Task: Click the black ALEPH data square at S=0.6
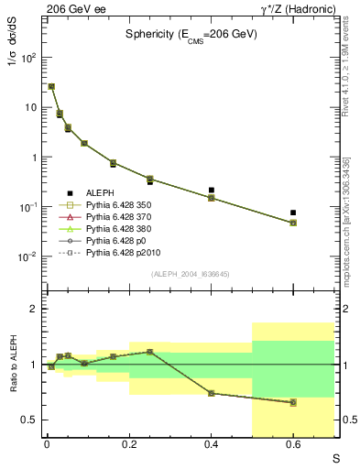point(293,213)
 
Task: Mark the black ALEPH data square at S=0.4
point(212,191)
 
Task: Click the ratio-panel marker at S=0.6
point(293,402)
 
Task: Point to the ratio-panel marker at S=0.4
point(212,393)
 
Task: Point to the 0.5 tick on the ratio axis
point(31,420)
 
